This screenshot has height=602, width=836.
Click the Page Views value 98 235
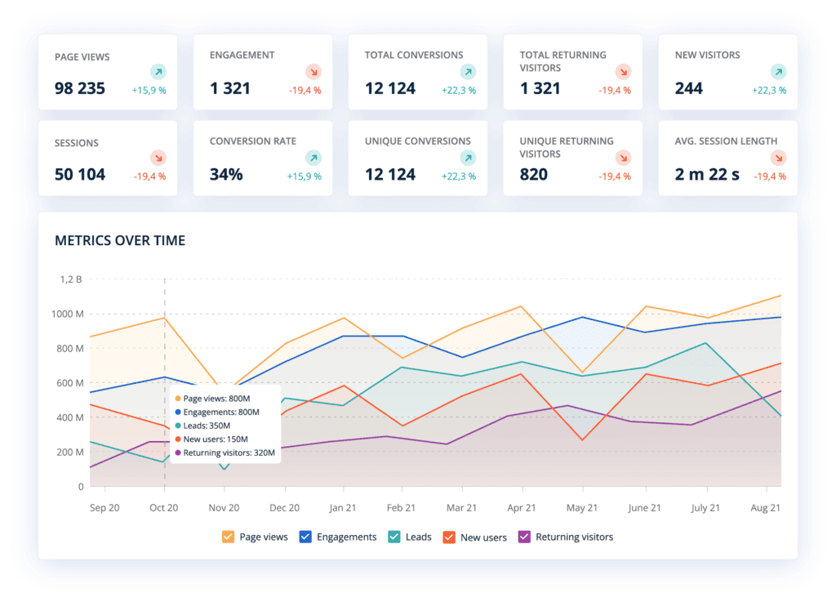80,88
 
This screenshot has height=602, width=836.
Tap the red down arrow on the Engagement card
313,72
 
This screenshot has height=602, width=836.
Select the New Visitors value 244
689,88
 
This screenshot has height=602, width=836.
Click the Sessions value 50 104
80,174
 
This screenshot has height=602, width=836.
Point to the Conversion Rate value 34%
226,174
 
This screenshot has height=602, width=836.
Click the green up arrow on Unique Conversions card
468,158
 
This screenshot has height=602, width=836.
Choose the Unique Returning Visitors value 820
534,174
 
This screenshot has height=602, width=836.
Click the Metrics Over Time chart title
120,240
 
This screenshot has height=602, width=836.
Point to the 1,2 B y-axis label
71,279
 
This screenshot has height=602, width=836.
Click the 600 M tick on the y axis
69,383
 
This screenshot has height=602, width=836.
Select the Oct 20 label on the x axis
163,508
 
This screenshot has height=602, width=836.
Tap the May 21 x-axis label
582,508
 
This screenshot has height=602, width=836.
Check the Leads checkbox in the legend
393,537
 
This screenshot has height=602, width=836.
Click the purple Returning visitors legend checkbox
525,537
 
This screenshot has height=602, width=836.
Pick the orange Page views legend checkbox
229,537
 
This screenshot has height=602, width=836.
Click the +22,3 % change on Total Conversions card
459,90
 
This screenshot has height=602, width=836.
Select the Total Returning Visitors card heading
563,61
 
